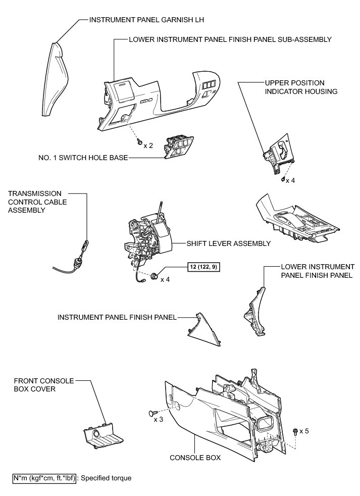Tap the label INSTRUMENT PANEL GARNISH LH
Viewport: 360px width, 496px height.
click(x=135, y=20)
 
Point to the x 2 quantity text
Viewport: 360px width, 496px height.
click(x=148, y=145)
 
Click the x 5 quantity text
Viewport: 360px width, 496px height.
click(x=304, y=431)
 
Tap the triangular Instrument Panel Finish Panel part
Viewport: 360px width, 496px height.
click(x=204, y=331)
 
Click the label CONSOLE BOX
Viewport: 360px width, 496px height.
click(x=195, y=458)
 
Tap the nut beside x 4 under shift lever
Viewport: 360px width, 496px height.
click(x=152, y=276)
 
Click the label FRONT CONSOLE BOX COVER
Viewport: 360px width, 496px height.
click(x=44, y=385)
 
